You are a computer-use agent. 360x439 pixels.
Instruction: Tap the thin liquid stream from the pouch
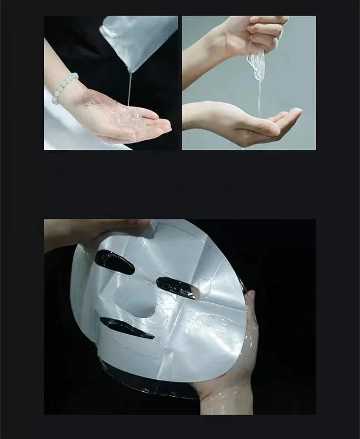point(130,91)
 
